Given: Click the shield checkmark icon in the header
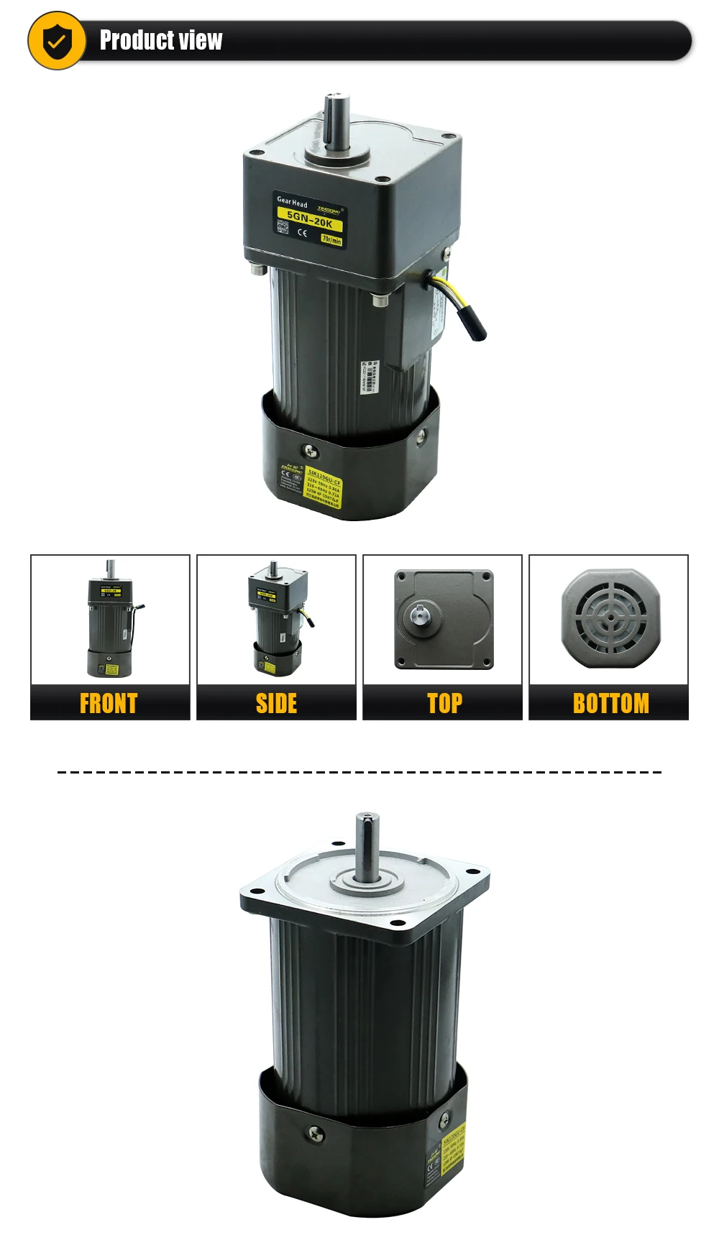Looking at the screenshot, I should coord(57,41).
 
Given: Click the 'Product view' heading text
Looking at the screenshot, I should coord(161,40).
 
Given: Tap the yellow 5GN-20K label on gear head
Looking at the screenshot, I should coord(309,219).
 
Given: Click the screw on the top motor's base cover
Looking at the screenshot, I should coord(311,451).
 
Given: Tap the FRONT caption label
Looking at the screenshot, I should coord(109,703).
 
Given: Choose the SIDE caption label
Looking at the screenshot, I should coord(276,703).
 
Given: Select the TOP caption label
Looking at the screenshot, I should coord(444,703).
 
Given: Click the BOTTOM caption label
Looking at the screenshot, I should coord(610,703).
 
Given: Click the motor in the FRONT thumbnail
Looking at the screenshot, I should coord(110,620).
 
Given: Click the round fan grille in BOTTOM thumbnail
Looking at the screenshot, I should coord(610,617).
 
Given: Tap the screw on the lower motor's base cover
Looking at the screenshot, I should coord(316,1134).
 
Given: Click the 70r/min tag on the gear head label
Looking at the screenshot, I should coord(331,239).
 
